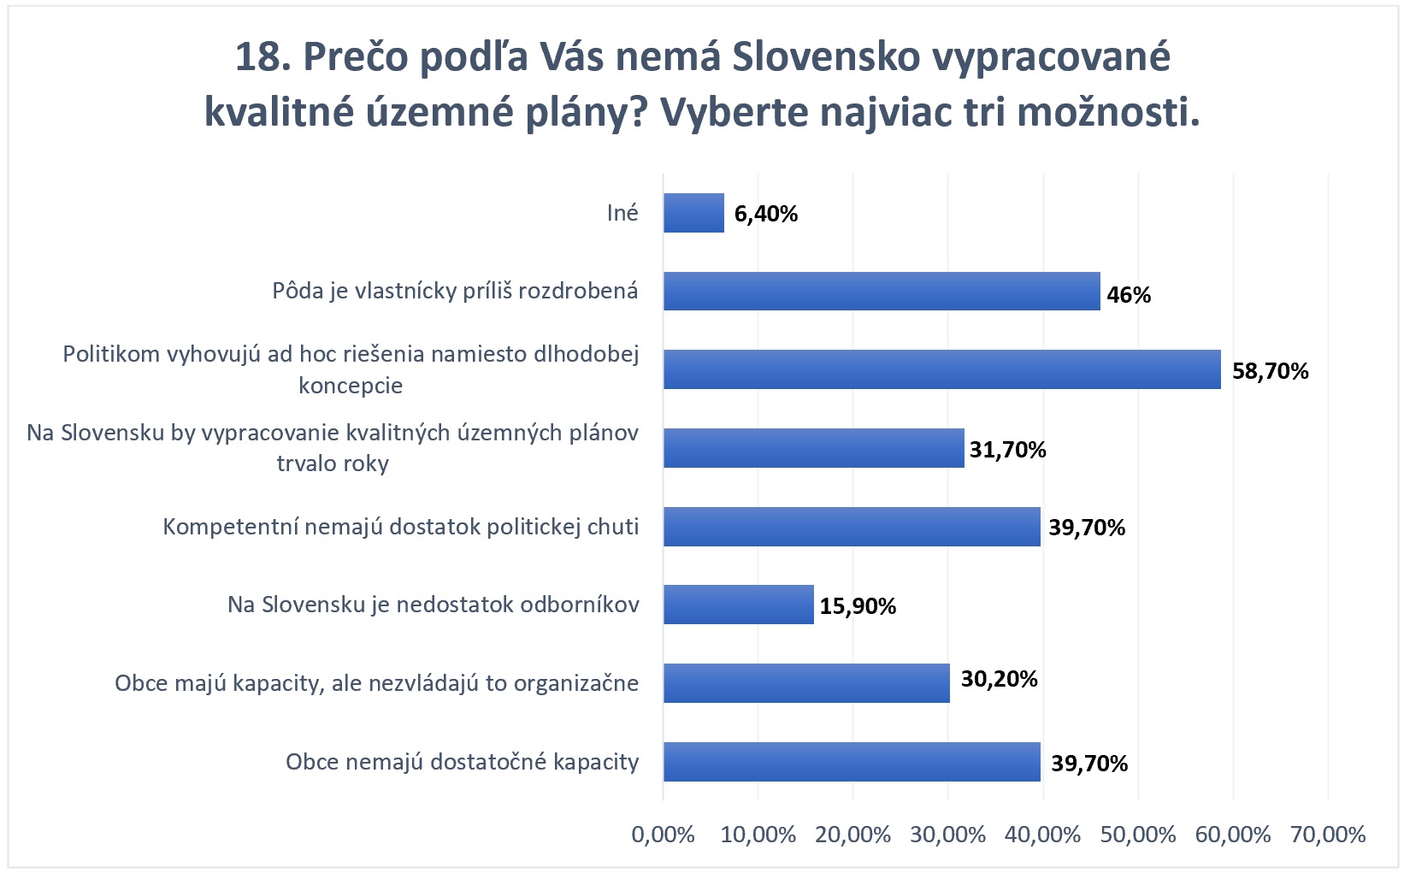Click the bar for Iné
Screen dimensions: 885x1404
[693, 213]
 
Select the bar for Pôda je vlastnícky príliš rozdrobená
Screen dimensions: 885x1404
[881, 291]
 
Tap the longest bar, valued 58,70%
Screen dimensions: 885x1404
[941, 369]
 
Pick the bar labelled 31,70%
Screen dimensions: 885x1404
[813, 448]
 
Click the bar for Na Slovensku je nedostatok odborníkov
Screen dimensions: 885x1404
[738, 605]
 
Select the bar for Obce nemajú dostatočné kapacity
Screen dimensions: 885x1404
[852, 761]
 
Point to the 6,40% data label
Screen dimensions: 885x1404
[765, 214]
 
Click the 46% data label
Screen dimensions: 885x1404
[1129, 295]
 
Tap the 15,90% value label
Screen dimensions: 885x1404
[858, 606]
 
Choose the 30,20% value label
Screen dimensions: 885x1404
[999, 679]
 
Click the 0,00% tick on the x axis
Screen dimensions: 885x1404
[663, 835]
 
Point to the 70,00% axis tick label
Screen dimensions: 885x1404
[1328, 835]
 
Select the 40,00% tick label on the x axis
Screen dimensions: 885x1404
[1042, 835]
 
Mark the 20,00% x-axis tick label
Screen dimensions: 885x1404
[852, 835]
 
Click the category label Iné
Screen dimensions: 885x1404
[622, 213]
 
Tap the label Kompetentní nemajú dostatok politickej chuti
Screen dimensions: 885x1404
[400, 527]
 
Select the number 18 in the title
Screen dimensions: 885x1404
[257, 56]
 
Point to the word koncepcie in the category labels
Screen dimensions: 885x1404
[351, 386]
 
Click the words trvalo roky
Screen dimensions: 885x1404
[333, 463]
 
